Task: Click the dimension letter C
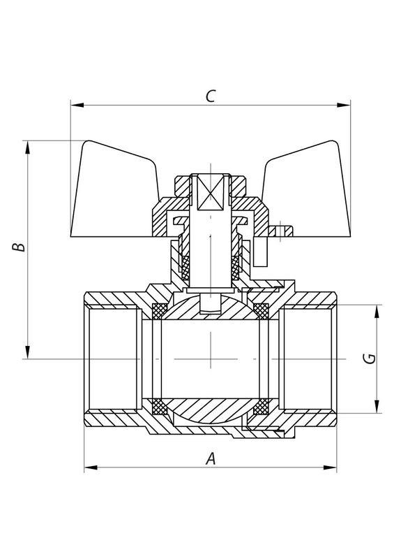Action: [209, 96]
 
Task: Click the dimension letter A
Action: [209, 459]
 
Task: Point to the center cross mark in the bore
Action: [209, 358]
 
